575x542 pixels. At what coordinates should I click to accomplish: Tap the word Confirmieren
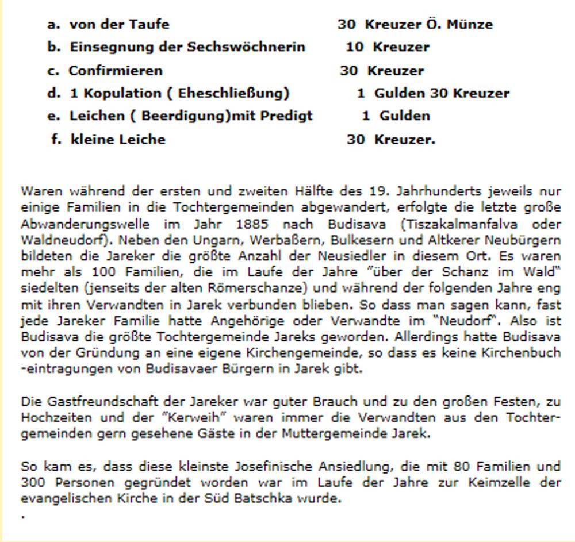(116, 71)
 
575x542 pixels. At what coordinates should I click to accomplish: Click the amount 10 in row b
(354, 47)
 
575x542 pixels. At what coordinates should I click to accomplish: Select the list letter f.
(56, 139)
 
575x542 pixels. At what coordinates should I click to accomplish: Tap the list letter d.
(53, 93)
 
